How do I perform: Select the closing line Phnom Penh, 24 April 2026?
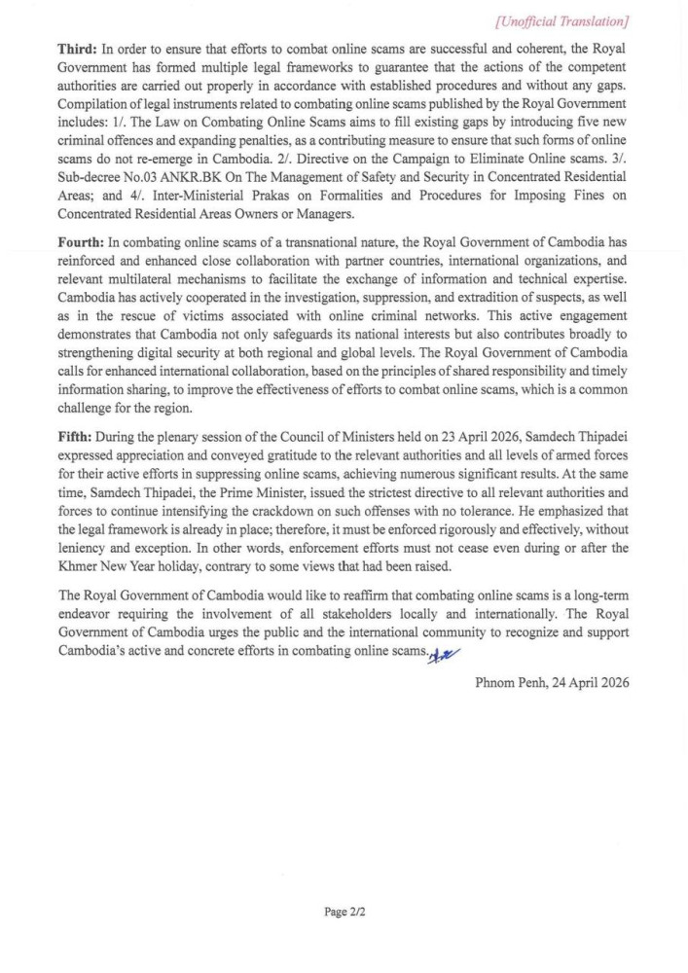(x=552, y=683)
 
